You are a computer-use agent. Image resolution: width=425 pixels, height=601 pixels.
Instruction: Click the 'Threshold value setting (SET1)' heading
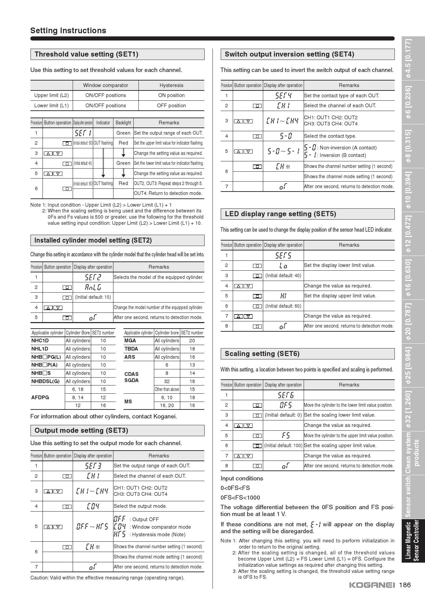tap(86, 54)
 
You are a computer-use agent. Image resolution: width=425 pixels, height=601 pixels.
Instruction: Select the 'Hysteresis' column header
tap(171, 85)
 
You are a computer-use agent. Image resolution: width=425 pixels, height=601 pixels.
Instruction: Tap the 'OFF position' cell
tap(171, 106)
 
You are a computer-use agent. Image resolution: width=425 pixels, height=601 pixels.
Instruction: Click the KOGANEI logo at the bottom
tap(372, 585)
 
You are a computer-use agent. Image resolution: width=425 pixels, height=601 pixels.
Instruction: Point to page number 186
tap(405, 585)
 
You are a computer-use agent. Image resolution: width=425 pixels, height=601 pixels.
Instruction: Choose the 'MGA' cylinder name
tap(130, 341)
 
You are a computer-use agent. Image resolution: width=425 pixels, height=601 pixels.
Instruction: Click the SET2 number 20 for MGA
tap(192, 341)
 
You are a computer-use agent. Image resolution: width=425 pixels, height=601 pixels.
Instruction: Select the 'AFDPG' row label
tap(40, 397)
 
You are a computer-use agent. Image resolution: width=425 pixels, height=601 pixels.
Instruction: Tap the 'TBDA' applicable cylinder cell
tap(131, 349)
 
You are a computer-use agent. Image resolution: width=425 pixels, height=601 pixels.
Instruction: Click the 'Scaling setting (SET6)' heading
tap(262, 354)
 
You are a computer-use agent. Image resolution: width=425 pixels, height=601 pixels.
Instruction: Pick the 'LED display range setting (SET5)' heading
tap(280, 214)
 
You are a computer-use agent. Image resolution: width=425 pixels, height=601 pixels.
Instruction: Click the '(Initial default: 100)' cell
tap(283, 445)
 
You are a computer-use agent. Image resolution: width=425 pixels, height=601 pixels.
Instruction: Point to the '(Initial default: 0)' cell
tap(283, 415)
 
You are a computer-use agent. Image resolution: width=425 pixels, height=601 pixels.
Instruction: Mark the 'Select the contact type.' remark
tap(330, 136)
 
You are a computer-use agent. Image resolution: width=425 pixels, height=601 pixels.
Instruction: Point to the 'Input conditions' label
tap(242, 478)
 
